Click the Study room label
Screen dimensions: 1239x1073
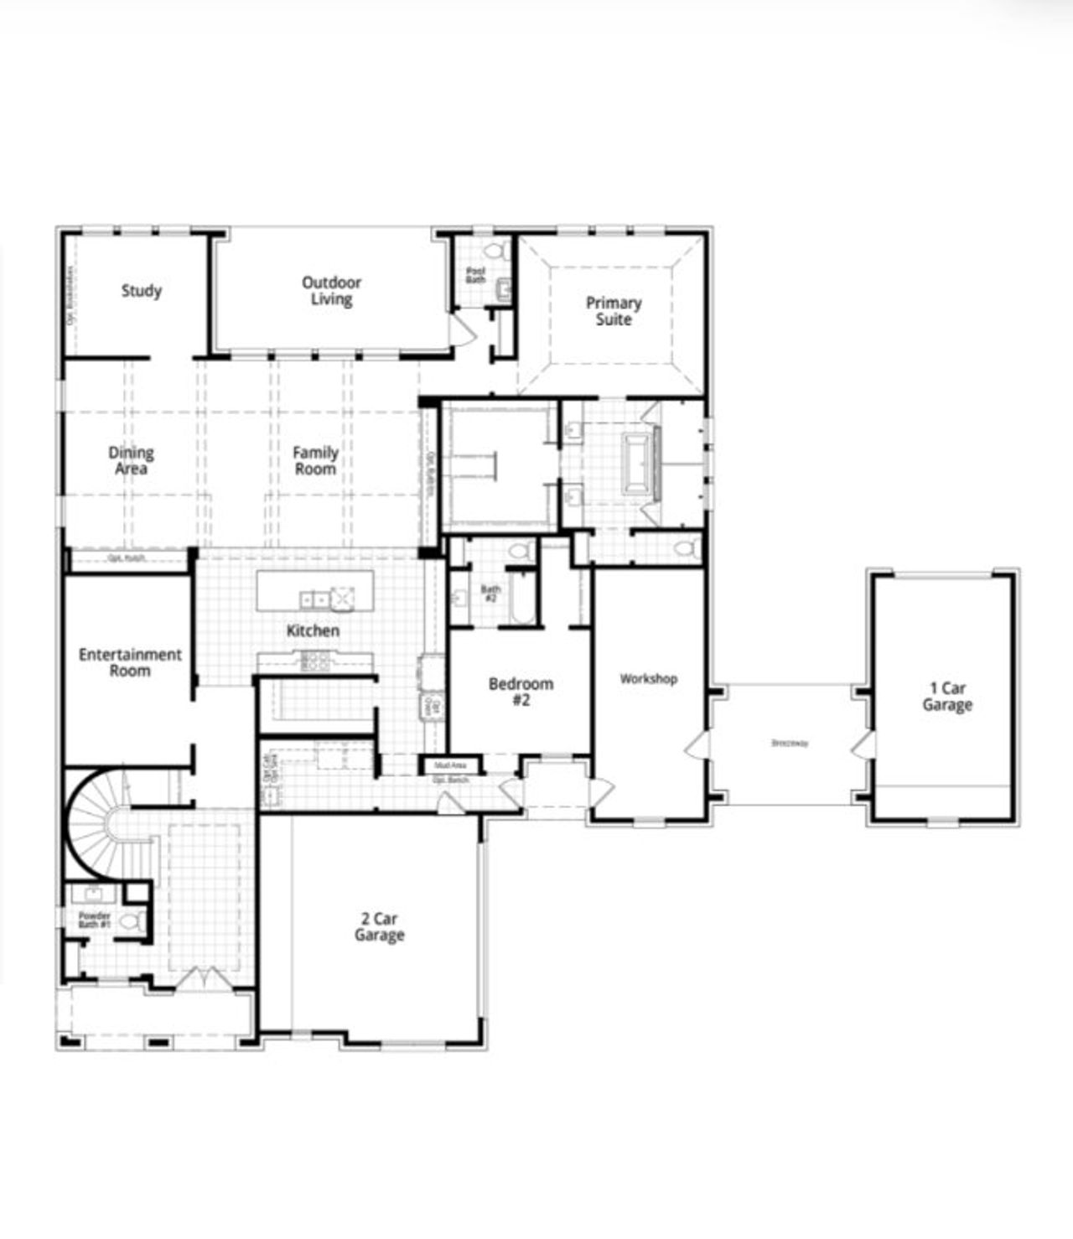click(141, 291)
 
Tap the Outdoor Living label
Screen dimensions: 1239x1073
click(331, 291)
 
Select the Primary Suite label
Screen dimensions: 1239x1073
click(614, 311)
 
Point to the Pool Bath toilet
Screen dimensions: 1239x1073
click(495, 250)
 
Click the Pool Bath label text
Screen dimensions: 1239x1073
click(475, 274)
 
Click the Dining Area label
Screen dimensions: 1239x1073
click(131, 461)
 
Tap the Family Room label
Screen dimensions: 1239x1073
click(315, 461)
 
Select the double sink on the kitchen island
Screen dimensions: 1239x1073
click(314, 599)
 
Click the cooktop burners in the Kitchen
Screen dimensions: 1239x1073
click(315, 661)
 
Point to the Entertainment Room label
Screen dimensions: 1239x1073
click(130, 662)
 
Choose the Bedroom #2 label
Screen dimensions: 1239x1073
click(521, 692)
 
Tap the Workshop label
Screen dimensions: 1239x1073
click(648, 679)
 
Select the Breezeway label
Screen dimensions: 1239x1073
click(790, 743)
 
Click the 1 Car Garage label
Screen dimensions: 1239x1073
click(947, 697)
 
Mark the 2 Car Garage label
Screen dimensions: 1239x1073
click(379, 927)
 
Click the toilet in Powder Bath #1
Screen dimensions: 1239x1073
click(128, 921)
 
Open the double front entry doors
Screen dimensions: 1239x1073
click(201, 977)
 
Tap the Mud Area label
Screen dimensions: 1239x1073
click(450, 765)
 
